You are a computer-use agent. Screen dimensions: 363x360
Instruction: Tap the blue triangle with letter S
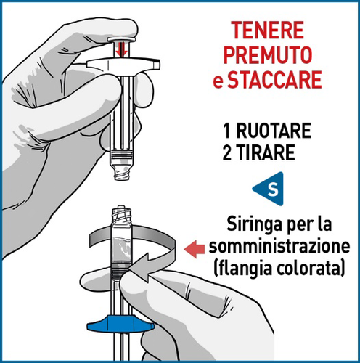point(271,190)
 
